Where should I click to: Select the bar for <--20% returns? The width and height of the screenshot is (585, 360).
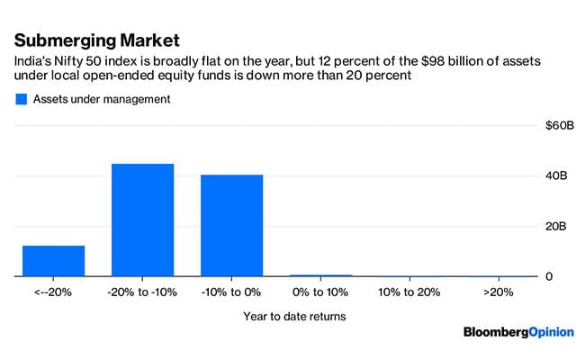53,260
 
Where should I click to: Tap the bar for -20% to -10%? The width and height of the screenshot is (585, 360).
142,220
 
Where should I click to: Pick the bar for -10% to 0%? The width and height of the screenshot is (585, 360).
231,225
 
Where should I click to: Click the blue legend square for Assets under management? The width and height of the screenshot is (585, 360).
22,99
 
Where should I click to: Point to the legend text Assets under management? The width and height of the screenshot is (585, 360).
102,99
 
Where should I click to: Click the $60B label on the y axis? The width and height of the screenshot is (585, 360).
559,125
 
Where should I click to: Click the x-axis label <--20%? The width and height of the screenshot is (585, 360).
53,292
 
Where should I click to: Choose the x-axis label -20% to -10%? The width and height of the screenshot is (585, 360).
142,292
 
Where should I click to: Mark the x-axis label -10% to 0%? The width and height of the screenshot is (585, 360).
231,292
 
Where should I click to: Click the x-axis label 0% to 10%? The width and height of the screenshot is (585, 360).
320,292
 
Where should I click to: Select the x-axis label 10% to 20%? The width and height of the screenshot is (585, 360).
409,292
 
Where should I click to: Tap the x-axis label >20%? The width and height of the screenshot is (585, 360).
499,292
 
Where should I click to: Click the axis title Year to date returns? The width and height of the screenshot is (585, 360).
293,316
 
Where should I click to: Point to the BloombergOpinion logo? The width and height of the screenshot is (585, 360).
517,332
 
